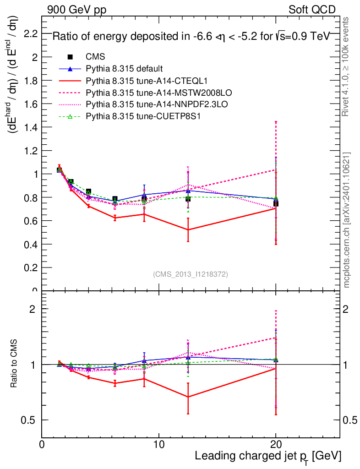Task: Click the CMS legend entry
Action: pyautogui.click(x=95, y=57)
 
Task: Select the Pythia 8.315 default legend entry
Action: pyautogui.click(x=124, y=69)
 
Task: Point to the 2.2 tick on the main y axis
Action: pyautogui.click(x=30, y=33)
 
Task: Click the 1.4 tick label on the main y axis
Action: pyautogui.click(x=30, y=127)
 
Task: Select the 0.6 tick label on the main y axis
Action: pyautogui.click(x=30, y=221)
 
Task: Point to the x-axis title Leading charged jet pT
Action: pyautogui.click(x=268, y=457)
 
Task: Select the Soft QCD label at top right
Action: pyautogui.click(x=312, y=10)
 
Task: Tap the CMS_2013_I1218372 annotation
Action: pyautogui.click(x=191, y=274)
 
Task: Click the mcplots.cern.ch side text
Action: pyautogui.click(x=347, y=220)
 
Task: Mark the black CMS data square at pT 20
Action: pyautogui.click(x=276, y=203)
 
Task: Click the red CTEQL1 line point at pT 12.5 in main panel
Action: pyautogui.click(x=188, y=229)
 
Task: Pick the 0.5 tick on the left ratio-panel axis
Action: pyautogui.click(x=30, y=420)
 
